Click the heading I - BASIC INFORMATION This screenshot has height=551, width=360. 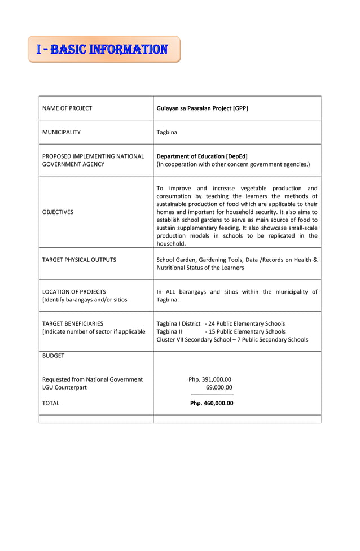pyautogui.click(x=102, y=50)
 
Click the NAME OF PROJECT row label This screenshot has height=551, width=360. pyautogui.click(x=67, y=108)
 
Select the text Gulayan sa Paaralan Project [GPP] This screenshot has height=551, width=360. pyautogui.click(x=202, y=108)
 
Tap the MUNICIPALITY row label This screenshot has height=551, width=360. pyautogui.click(x=62, y=132)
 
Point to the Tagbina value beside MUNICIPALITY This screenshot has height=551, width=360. pyautogui.click(x=166, y=132)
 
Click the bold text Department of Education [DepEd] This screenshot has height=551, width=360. pyautogui.click(x=202, y=156)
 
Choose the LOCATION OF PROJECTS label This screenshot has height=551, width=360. pyautogui.click(x=74, y=292)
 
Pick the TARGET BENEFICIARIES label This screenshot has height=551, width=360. pyautogui.click(x=73, y=324)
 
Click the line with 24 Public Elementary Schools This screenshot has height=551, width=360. pyautogui.click(x=221, y=324)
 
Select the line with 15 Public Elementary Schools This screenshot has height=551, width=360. pyautogui.click(x=221, y=332)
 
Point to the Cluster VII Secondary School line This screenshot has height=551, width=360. pyautogui.click(x=232, y=340)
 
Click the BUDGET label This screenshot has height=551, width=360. pyautogui.click(x=53, y=356)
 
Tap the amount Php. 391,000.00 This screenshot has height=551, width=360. pyautogui.click(x=210, y=379)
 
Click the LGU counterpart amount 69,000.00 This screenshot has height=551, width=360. pyautogui.click(x=218, y=387)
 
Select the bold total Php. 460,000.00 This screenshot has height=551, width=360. pyautogui.click(x=212, y=403)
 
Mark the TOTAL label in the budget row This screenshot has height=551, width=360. pyautogui.click(x=51, y=403)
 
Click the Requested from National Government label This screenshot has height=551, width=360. pyautogui.click(x=93, y=379)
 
